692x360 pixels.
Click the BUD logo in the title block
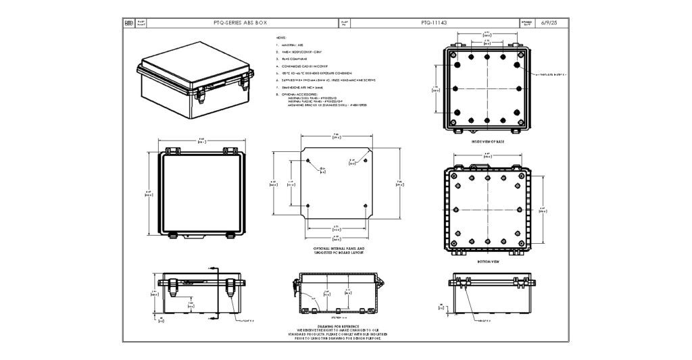coord(130,22)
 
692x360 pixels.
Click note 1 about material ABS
coord(291,45)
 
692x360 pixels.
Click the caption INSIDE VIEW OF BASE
coord(487,142)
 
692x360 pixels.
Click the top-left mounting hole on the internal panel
coord(309,161)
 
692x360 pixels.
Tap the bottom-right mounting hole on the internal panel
coord(365,205)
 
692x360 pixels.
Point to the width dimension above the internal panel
coord(336,136)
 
